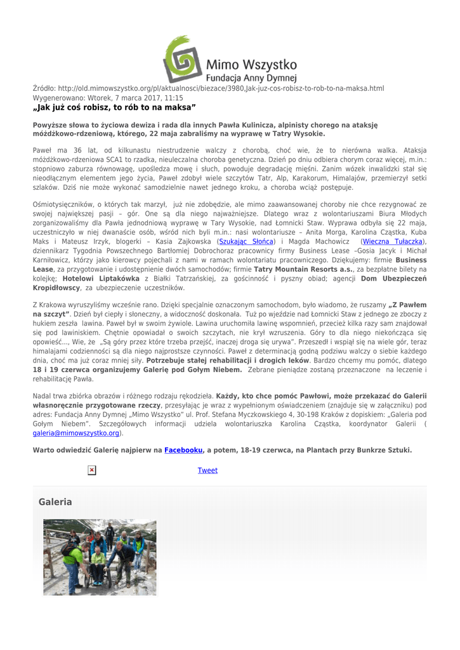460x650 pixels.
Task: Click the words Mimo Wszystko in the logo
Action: pos(252,64)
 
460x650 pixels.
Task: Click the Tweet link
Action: pos(207,470)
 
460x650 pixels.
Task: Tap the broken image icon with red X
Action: pos(92,470)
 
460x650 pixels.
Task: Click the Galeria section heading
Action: pos(55,502)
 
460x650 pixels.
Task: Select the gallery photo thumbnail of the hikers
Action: pos(100,557)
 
